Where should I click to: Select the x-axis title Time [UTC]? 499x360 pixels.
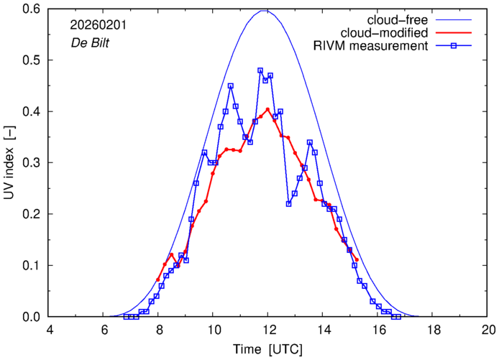(268, 349)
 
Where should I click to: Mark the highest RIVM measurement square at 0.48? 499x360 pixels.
(260, 70)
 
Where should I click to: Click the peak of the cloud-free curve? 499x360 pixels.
(267, 10)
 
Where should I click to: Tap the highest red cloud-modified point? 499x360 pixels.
(267, 109)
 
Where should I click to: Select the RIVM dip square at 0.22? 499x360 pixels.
(288, 203)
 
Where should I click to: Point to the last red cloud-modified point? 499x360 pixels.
(356, 259)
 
